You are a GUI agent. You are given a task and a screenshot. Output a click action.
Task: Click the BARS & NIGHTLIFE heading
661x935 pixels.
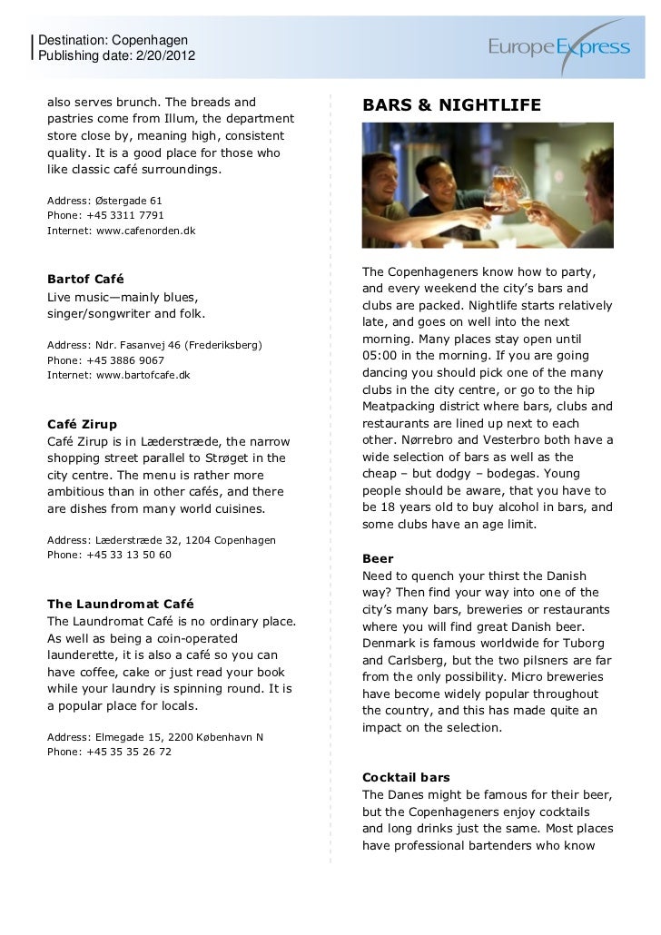[451, 107]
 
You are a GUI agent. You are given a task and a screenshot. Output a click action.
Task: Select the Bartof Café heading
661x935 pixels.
[85, 277]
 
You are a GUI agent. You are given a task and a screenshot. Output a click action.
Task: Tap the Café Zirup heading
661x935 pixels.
[82, 424]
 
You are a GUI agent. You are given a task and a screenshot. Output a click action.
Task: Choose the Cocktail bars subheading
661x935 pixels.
[406, 778]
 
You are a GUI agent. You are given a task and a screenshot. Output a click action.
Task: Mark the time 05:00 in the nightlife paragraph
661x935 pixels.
[381, 355]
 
